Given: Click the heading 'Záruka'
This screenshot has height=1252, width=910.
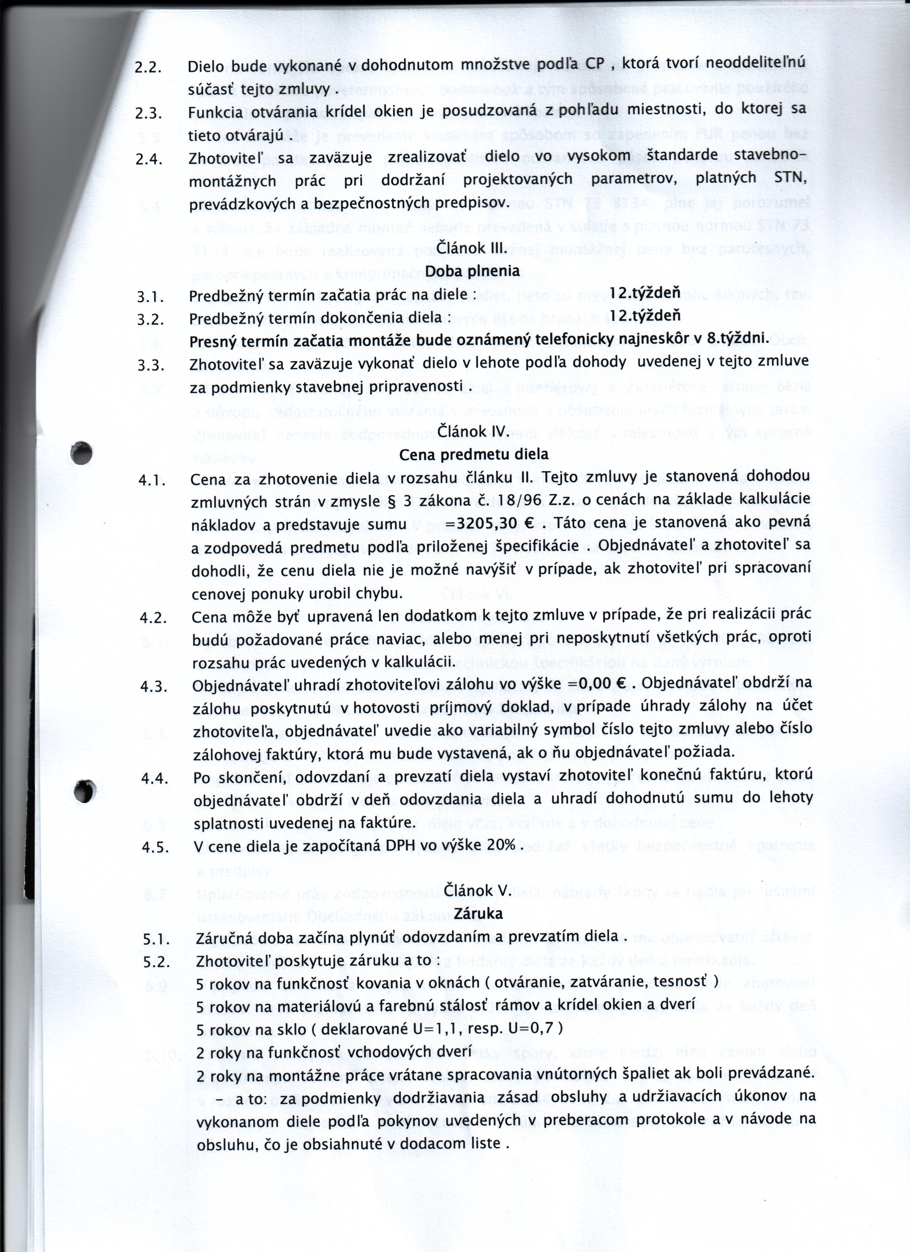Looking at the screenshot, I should [x=478, y=913].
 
